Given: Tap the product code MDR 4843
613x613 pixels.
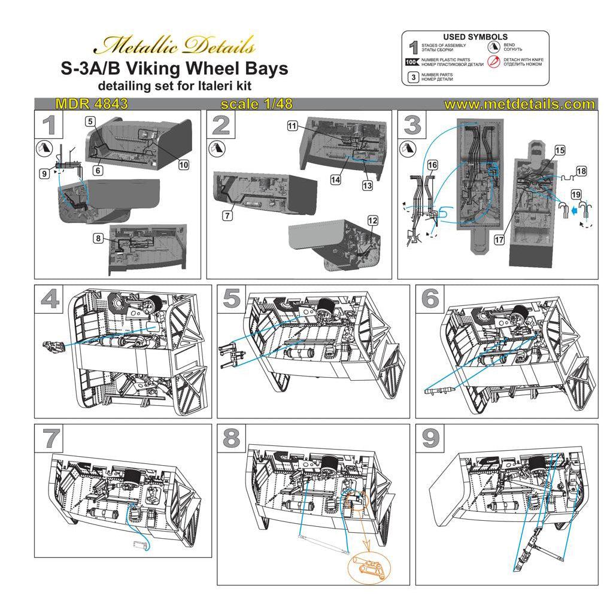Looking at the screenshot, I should point(91,104).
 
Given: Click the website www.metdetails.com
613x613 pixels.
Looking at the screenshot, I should point(520,104).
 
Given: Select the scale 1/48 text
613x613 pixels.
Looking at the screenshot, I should point(257,104).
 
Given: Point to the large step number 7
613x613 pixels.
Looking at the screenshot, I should point(50,439).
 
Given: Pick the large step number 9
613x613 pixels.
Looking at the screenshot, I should point(431,439).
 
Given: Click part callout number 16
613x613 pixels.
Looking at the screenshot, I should point(432,165).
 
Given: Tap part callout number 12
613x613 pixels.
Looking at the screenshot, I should point(372,221).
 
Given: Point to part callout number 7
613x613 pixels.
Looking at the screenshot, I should point(227,216).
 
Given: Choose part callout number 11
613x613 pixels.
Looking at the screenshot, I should point(292,126).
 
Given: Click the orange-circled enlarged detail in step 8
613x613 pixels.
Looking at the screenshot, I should point(368,565).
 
